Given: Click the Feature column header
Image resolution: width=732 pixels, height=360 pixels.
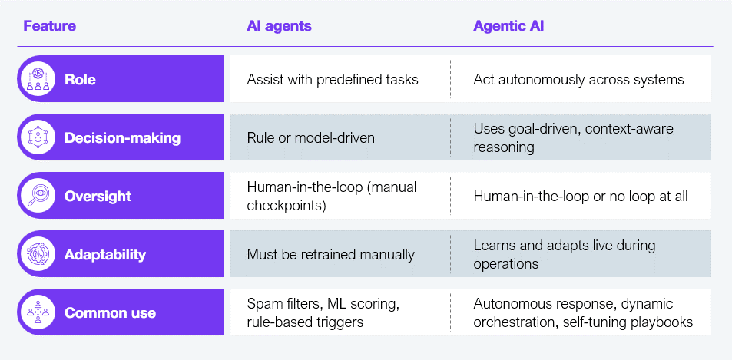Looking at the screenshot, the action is (49, 25).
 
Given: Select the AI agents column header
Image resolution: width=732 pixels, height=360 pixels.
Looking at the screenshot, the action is (279, 25).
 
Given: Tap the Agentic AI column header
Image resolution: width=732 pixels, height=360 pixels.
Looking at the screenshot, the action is (508, 25).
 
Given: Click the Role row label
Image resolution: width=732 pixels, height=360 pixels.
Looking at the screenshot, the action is (81, 79).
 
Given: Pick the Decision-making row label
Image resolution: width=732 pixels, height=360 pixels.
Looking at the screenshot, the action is (122, 138).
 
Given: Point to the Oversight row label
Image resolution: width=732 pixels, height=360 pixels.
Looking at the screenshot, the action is (98, 197).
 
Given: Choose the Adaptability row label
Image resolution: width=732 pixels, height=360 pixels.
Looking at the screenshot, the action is (105, 255).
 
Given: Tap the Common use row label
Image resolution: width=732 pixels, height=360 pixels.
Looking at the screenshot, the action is (110, 313).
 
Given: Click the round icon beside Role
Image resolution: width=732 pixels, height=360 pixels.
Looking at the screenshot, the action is (38, 79).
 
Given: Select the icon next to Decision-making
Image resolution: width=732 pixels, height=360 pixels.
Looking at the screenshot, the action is (38, 137).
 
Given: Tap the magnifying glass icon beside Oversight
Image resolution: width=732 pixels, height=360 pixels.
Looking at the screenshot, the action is (38, 196).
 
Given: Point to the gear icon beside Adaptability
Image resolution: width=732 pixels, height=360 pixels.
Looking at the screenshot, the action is (38, 253).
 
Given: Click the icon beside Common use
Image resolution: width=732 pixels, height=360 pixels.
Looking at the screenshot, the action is (38, 312).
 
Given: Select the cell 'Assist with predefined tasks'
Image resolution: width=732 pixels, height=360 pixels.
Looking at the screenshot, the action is (333, 80).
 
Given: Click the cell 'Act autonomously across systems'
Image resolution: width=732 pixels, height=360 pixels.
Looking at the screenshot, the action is (579, 80).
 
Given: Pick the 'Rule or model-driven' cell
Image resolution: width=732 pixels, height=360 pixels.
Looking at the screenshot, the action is (310, 138).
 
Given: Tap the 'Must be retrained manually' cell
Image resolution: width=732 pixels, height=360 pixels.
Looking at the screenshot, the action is (330, 255).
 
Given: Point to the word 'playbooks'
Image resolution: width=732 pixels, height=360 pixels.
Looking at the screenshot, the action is (664, 322).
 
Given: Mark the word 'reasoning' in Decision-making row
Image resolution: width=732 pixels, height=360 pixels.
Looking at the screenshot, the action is (504, 147).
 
